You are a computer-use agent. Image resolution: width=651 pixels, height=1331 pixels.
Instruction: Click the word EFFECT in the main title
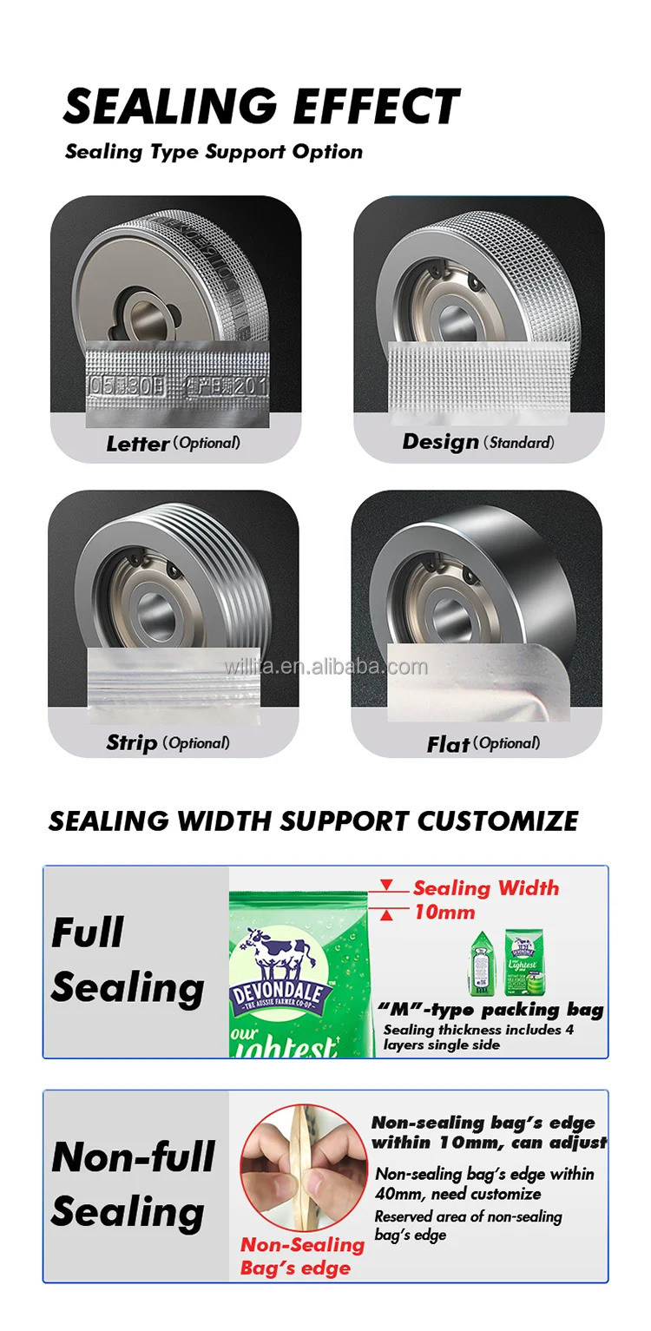pos(376,107)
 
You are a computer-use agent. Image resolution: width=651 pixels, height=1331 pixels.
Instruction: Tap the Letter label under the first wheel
pos(137,444)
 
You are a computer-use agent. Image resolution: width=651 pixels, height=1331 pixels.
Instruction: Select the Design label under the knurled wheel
pos(440,442)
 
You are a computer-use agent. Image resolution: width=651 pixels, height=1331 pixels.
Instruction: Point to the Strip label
pos(132,742)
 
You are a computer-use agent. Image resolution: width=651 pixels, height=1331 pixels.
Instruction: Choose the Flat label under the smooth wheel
pos(448,744)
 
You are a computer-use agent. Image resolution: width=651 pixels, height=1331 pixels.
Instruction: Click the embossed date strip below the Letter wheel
pos(178,383)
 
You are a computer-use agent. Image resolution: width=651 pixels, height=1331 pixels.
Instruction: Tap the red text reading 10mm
pos(444,912)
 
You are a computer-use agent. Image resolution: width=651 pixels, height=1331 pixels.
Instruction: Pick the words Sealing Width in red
pos(486,888)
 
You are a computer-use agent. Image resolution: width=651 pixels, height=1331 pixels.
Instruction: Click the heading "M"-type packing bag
pos(490,1010)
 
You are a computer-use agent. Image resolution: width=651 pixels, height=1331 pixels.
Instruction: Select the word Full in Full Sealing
pos(88,933)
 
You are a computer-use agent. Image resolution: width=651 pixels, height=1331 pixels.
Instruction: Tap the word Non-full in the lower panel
pos(133,1157)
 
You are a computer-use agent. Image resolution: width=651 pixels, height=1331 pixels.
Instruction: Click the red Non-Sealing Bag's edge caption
pos(301,1256)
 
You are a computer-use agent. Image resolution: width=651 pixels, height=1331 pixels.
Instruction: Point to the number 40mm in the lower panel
pos(392,1194)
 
